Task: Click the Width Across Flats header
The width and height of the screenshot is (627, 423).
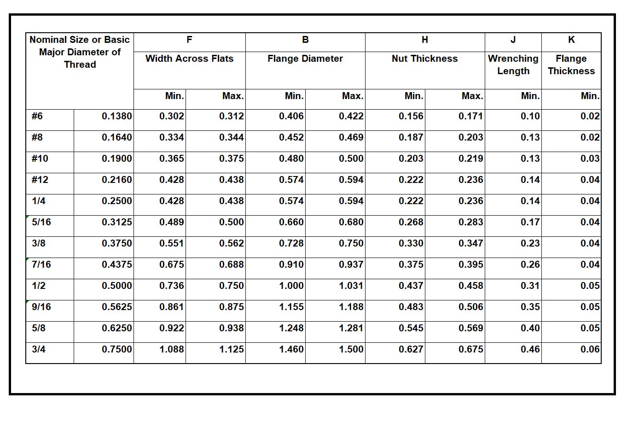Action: [x=189, y=59]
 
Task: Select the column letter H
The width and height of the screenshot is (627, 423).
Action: [x=424, y=40]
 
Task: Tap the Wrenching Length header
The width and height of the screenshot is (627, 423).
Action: [x=513, y=65]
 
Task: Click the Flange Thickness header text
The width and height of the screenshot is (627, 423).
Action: [x=571, y=65]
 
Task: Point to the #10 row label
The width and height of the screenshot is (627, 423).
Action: [x=40, y=159]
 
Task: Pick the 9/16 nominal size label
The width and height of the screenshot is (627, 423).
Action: [x=41, y=307]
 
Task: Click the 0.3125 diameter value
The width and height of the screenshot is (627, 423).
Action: [x=116, y=222]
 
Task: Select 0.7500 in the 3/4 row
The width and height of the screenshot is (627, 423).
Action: [x=116, y=349]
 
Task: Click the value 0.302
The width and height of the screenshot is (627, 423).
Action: [x=171, y=116]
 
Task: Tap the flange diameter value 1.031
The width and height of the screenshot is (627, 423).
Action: [x=351, y=286]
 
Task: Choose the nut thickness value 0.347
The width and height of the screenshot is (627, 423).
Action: [x=470, y=243]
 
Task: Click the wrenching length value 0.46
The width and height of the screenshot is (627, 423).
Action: [x=530, y=349]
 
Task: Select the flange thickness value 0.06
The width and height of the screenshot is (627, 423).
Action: [x=590, y=349]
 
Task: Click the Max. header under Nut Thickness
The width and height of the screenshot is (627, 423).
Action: [x=472, y=96]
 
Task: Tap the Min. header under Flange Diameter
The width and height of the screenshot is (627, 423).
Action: [x=294, y=96]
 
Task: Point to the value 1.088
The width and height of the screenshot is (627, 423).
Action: [x=171, y=349]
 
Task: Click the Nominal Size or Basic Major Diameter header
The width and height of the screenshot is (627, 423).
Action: [x=80, y=52]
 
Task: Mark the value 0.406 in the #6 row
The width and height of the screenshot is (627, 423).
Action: [x=291, y=116]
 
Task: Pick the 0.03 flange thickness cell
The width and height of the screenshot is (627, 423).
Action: [x=590, y=159]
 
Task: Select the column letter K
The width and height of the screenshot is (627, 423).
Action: [x=571, y=40]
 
